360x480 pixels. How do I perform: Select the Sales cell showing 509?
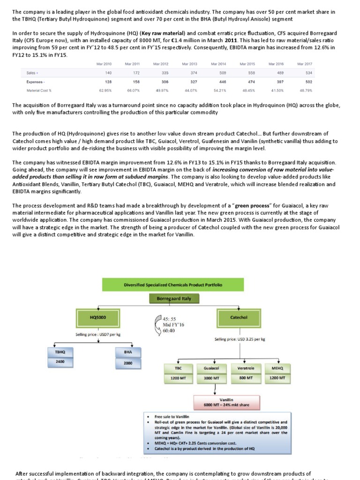click(222, 73)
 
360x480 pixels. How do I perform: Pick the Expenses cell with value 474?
click(251, 81)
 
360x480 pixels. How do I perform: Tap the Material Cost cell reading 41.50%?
click(277, 90)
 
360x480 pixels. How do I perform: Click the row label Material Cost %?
click(39, 90)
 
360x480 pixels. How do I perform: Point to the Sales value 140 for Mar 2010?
click(108, 73)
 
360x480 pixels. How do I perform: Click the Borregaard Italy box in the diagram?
click(173, 298)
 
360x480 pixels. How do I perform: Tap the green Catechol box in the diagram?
click(239, 317)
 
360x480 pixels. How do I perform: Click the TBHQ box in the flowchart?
click(60, 351)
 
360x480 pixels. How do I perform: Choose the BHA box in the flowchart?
click(128, 351)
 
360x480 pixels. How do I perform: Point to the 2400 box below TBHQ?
click(60, 362)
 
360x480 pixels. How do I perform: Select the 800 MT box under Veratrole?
click(246, 378)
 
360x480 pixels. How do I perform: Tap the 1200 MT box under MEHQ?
click(277, 378)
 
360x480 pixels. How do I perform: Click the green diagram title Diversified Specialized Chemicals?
click(173, 285)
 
